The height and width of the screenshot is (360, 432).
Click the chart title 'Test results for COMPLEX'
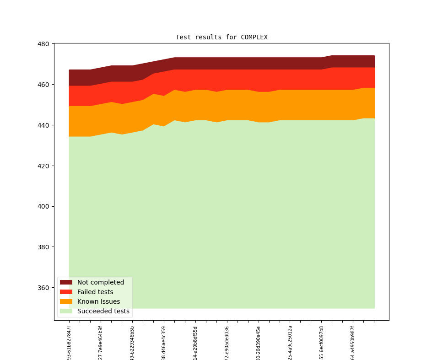point(221,37)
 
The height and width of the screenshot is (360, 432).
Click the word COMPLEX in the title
point(254,37)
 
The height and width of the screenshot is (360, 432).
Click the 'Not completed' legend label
point(101,282)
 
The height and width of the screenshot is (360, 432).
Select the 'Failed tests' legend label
point(95,292)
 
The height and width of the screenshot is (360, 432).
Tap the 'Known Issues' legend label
point(98,301)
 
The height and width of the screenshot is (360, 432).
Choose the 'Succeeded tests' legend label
point(103,311)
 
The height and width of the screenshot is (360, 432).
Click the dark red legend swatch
point(66,282)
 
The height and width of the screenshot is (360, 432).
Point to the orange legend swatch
point(66,301)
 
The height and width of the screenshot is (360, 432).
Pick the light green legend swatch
point(66,311)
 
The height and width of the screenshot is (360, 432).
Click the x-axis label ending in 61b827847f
point(69,343)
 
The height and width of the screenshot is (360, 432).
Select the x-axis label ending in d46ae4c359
point(164,343)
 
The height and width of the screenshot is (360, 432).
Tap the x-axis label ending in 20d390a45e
point(259,343)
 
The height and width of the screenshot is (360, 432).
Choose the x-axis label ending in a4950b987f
point(353,343)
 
